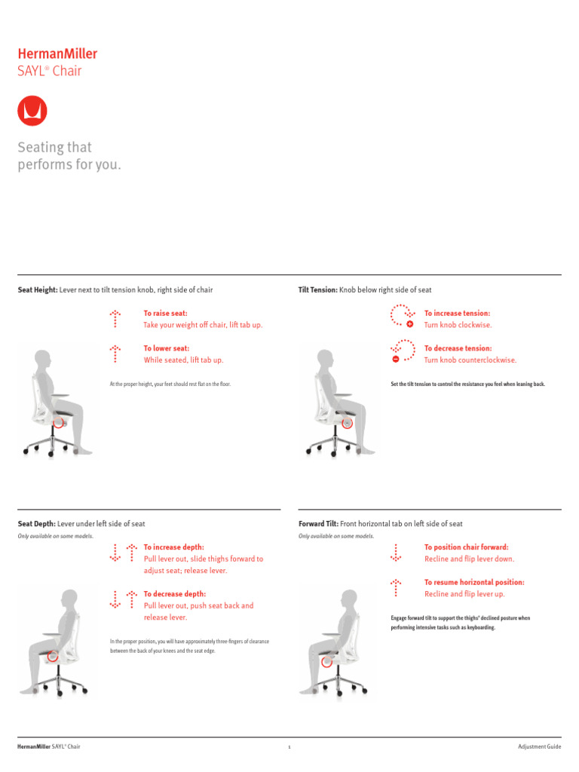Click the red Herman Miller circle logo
[32, 111]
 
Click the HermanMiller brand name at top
[57, 54]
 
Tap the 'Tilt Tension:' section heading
[318, 289]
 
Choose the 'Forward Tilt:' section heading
[319, 523]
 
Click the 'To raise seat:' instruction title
[165, 313]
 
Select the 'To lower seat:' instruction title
[166, 348]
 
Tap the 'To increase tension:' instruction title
[457, 313]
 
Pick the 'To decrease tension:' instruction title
[458, 348]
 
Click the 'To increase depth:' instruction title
[173, 547]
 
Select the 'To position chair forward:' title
[466, 547]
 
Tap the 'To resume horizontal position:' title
[474, 582]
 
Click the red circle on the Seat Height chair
[58, 423]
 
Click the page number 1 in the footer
[289, 747]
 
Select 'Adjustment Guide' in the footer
[539, 746]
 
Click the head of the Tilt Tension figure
[325, 357]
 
